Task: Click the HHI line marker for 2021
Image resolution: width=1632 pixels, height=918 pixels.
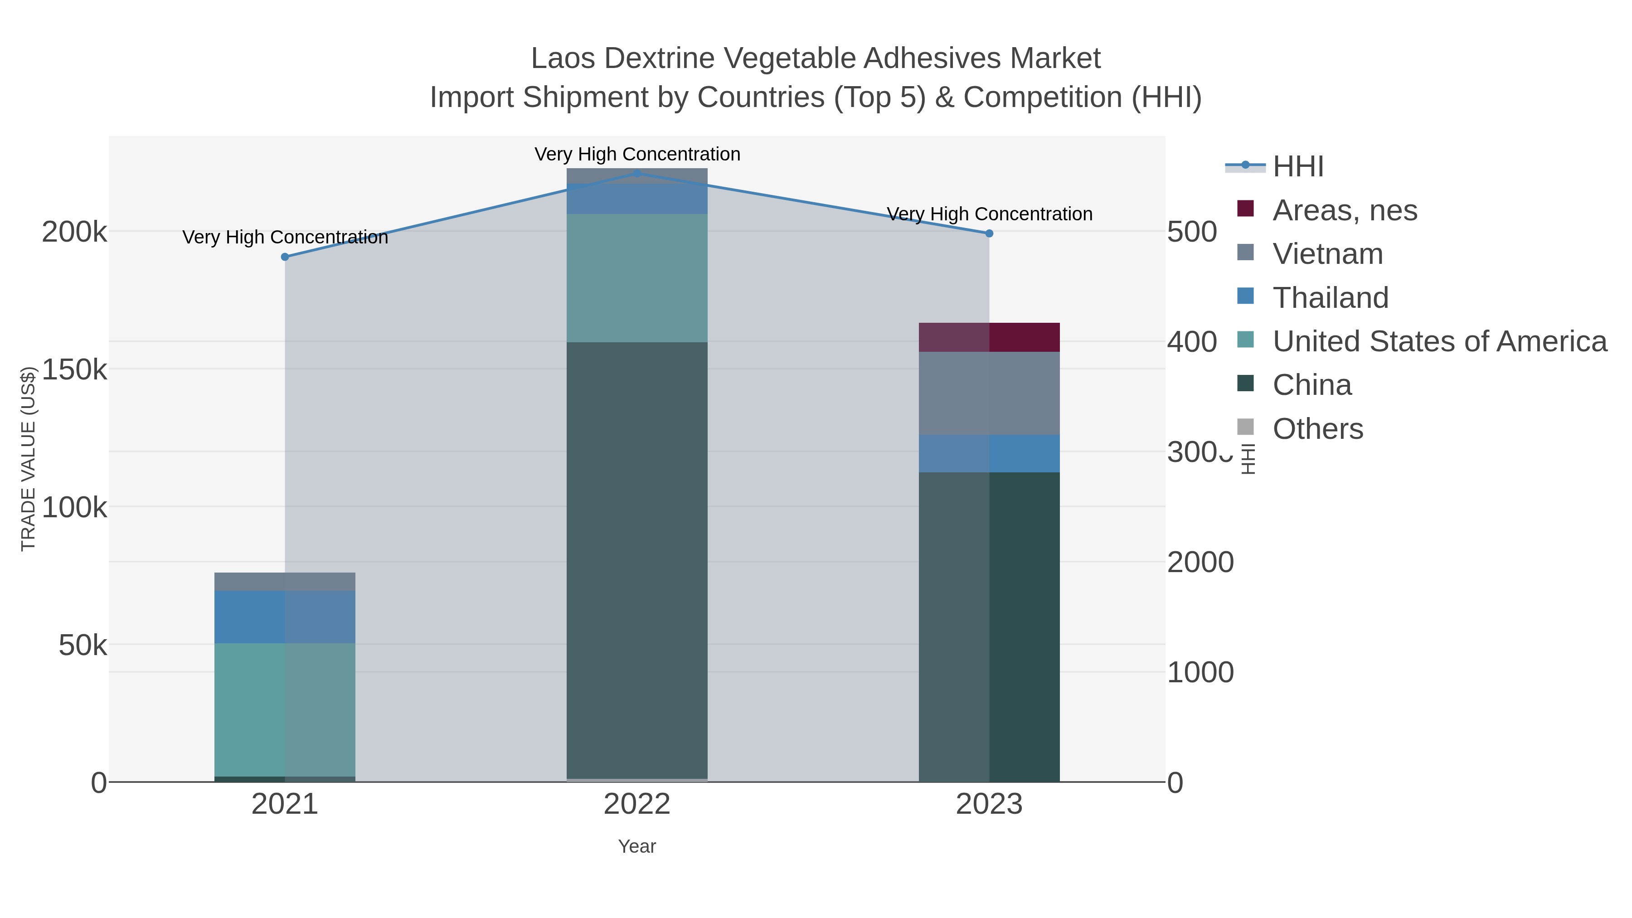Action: coord(285,257)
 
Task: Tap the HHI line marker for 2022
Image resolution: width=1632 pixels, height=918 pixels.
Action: coord(637,174)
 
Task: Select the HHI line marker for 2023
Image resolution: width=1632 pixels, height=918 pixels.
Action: coord(989,233)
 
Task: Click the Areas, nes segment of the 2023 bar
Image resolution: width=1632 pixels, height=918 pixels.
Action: coord(989,337)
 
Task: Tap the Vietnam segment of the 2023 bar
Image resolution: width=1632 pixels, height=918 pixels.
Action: coord(989,393)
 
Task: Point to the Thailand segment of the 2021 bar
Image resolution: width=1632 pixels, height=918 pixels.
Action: coord(285,617)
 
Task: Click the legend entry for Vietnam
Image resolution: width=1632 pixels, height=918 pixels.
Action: coord(1327,254)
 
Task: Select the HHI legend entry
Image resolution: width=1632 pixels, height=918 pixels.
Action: coord(1297,167)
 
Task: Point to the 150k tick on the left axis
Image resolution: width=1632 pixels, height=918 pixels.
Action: coord(74,369)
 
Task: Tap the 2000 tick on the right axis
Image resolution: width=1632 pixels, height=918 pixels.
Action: coord(1200,562)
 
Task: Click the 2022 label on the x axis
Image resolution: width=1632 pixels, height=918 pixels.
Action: coord(637,805)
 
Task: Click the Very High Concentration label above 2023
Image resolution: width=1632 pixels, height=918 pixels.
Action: coord(989,214)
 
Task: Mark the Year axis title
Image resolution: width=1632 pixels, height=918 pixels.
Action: coord(637,846)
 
